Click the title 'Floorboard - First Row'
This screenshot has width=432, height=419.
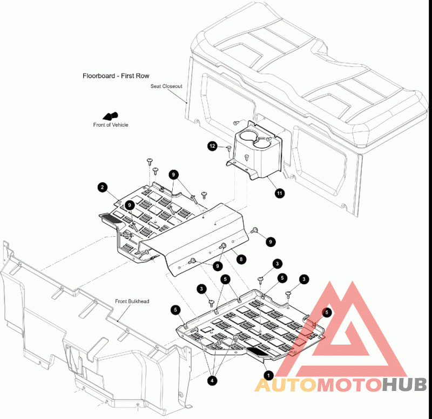pos(116,76)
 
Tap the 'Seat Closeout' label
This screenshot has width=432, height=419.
pos(166,86)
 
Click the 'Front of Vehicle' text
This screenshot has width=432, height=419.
pos(111,125)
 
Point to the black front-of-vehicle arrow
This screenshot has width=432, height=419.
pos(110,116)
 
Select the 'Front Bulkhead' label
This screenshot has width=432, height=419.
pos(132,301)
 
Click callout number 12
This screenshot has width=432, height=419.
pos(212,146)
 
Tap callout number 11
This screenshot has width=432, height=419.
pos(280,193)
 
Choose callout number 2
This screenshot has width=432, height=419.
pos(103,187)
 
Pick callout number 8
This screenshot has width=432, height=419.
pos(241,259)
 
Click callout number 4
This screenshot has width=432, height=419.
pos(212,381)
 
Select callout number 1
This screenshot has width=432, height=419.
pos(268,375)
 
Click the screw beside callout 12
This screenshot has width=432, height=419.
pos(228,148)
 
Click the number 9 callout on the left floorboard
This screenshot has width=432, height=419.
pos(130,205)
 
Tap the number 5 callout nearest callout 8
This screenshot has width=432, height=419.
pos(225,279)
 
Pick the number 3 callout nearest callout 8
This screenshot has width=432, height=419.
pos(277,264)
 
